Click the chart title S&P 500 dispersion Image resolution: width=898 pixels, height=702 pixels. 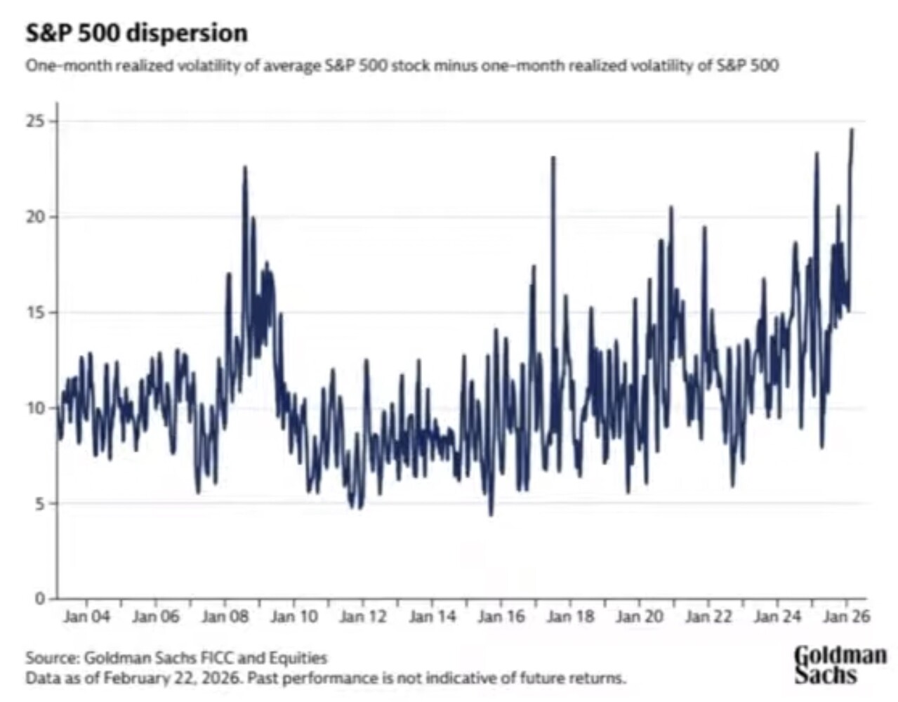pos(136,33)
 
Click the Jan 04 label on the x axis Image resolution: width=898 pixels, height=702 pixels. pos(86,617)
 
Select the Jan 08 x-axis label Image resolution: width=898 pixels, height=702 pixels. pos(225,617)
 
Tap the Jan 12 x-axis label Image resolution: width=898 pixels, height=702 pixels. pos(363,617)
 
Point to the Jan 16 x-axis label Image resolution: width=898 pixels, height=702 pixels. pos(501,617)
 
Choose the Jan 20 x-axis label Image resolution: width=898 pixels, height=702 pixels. pos(639,617)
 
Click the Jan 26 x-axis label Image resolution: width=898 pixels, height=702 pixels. pos(846,617)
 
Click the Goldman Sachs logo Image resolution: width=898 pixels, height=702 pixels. pos(840,665)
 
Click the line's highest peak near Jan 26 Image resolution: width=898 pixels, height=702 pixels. pos(852,130)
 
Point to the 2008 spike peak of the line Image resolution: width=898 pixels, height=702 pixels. pos(245,167)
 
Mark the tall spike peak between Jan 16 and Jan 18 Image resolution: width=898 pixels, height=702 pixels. pos(553,158)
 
